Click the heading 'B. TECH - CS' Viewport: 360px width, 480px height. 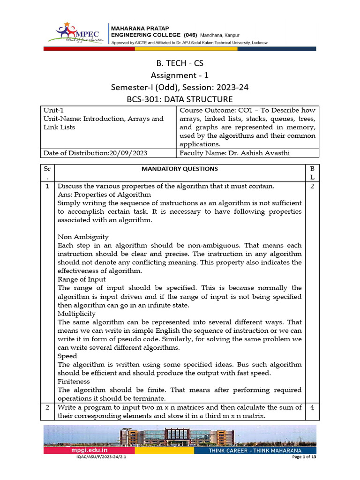click(x=180, y=63)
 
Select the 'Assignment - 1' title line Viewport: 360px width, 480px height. click(x=180, y=75)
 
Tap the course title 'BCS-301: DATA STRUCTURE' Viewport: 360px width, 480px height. click(x=180, y=99)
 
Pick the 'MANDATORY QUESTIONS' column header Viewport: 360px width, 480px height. click(x=180, y=169)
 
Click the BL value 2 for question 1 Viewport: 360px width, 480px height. click(x=312, y=186)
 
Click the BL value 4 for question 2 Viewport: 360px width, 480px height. click(x=312, y=407)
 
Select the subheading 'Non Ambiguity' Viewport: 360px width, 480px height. click(x=83, y=237)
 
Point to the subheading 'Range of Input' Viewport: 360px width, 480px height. click(x=82, y=279)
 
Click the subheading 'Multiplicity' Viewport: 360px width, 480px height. click(x=76, y=314)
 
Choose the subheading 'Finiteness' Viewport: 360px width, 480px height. click(x=74, y=382)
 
